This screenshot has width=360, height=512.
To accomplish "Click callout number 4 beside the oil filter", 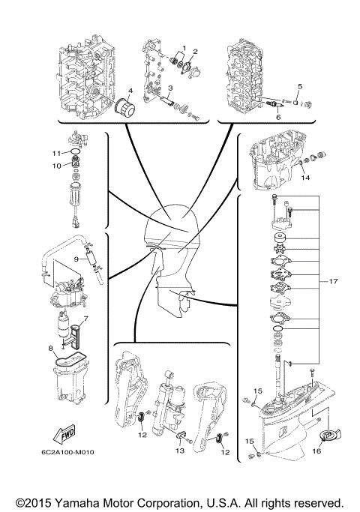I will tap(130, 91).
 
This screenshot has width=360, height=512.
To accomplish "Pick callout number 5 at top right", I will tap(300, 86).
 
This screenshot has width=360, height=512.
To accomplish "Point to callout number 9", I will tap(76, 259).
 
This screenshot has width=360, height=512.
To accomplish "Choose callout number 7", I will tap(86, 318).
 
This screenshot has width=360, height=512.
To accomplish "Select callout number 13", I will tap(180, 452).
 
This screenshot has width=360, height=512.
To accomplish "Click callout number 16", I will tap(316, 452).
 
